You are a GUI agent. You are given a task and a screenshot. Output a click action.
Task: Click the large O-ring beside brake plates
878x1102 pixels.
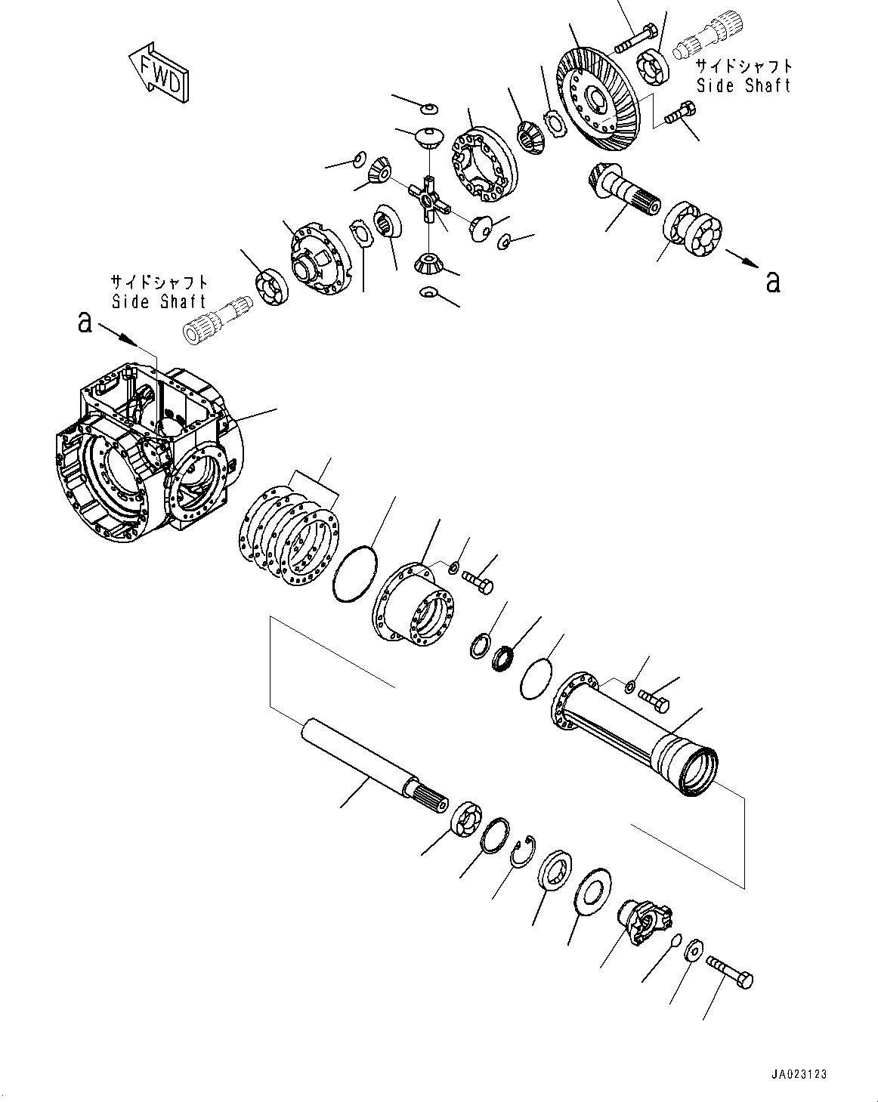354,575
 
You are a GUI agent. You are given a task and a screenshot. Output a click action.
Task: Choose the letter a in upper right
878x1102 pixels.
771,281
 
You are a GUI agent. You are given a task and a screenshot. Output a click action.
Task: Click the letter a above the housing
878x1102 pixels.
85,323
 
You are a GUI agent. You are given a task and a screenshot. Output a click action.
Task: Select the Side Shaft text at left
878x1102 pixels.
159,301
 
